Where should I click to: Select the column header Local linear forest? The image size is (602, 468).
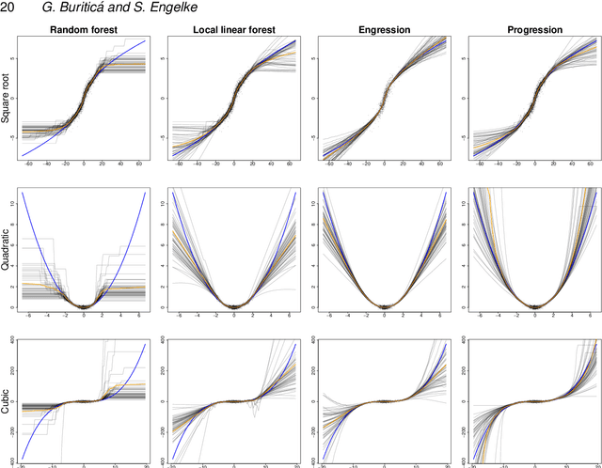(233, 30)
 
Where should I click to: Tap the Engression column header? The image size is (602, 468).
(384, 30)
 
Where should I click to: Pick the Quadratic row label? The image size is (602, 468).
(7, 251)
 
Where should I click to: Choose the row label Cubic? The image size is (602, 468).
(7, 401)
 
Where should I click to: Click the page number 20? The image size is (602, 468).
(8, 8)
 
